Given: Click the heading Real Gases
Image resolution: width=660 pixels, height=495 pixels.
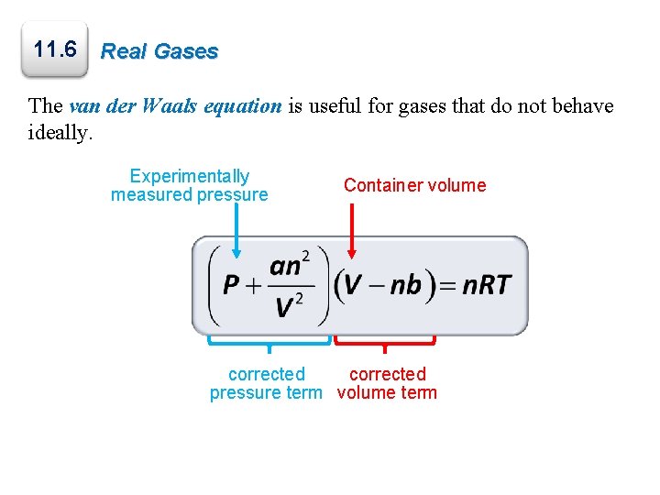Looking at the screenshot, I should tap(159, 51).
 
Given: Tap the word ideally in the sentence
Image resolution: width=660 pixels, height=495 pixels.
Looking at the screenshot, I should tap(60, 134).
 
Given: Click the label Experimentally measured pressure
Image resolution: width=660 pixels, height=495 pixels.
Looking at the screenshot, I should tap(190, 185).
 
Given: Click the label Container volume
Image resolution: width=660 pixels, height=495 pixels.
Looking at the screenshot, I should tap(414, 185).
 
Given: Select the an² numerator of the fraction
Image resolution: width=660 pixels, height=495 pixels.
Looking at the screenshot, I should tap(289, 266).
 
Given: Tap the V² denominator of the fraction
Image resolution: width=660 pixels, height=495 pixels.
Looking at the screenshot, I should tap(290, 306).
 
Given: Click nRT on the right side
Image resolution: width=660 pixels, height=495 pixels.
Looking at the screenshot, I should tap(486, 286).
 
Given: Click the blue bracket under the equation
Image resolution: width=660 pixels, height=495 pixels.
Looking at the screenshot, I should tap(269, 341).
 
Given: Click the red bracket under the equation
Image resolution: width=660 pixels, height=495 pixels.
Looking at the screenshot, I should tap(384, 341).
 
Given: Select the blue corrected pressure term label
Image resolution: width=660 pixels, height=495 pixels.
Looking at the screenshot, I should tap(266, 383).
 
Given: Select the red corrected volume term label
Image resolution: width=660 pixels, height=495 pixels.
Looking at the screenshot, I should tap(387, 383).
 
